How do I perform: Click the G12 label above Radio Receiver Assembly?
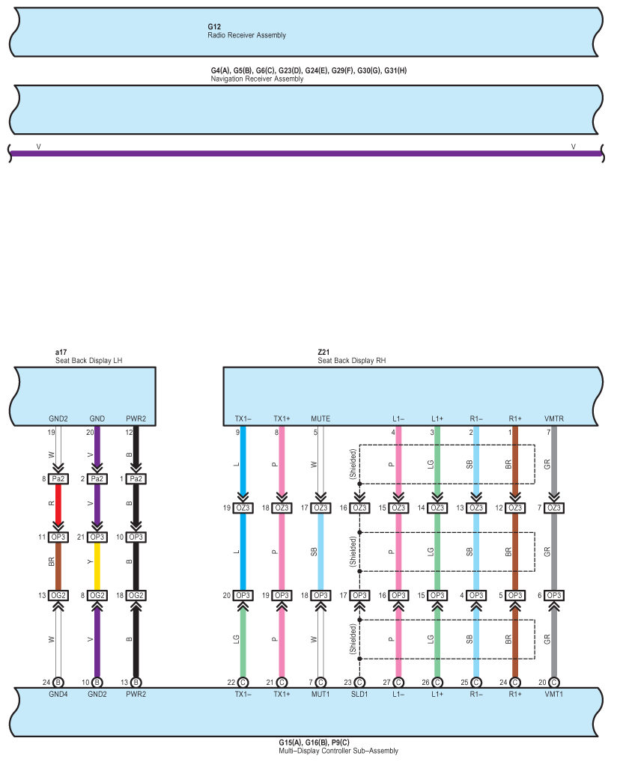[x=214, y=27]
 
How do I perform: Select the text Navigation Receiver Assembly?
[x=257, y=79]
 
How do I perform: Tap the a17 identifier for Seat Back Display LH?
[x=61, y=353]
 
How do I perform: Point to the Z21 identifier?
[x=323, y=353]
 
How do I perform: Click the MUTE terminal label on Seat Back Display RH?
[x=320, y=418]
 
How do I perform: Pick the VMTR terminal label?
[x=554, y=418]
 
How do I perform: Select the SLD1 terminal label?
[x=359, y=694]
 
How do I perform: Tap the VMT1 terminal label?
[x=554, y=694]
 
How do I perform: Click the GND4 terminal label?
[x=58, y=694]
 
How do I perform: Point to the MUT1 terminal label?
[x=320, y=694]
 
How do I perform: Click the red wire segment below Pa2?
[x=58, y=503]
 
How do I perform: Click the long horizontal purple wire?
[x=306, y=153]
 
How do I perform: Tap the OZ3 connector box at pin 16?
[x=360, y=508]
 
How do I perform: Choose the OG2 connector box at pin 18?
[x=136, y=595]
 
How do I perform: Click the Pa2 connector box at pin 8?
[x=58, y=478]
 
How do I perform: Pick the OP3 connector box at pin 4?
[x=476, y=595]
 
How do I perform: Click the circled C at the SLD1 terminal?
[x=359, y=683]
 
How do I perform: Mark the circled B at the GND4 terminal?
[x=58, y=683]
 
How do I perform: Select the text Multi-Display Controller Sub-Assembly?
[x=338, y=751]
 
